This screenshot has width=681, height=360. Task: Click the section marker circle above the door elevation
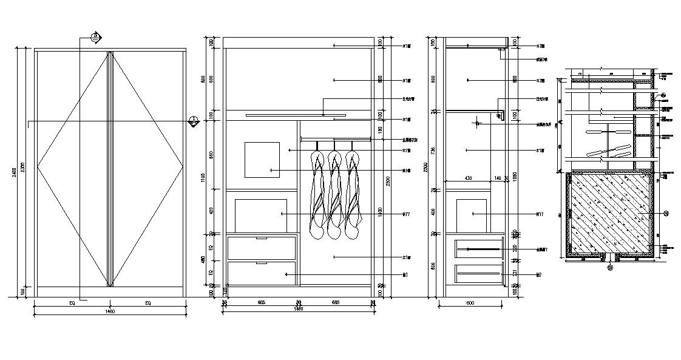[x=95, y=37]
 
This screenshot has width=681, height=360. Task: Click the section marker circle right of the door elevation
[x=194, y=121]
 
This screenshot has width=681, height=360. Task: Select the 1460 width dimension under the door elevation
[x=109, y=311]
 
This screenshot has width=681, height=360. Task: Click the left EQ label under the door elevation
[x=72, y=302]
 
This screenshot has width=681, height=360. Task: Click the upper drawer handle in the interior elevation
[x=262, y=238]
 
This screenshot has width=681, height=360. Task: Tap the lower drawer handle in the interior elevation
[x=262, y=263]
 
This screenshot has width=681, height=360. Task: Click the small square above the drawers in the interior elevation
[x=262, y=160]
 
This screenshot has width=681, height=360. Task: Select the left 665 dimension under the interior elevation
[x=262, y=302]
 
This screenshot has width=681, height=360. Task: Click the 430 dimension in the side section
[x=468, y=177]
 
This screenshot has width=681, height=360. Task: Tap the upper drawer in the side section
[x=478, y=249]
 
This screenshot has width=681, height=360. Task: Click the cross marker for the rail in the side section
[x=478, y=124]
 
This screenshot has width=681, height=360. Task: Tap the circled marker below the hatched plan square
[x=611, y=265]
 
